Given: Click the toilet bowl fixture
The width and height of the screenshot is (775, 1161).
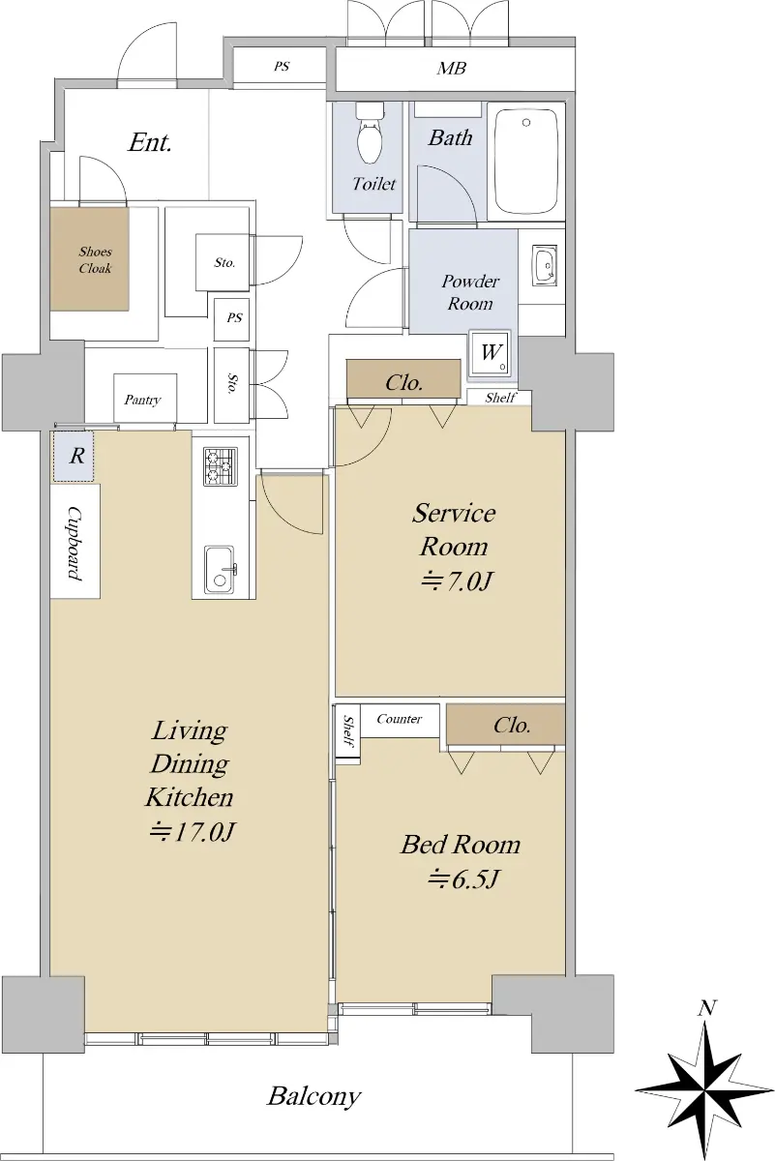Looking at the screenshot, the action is (x=371, y=133).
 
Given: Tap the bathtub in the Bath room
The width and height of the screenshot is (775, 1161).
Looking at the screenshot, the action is (x=526, y=161).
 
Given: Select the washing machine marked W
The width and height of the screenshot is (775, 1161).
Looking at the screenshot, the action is (x=490, y=353).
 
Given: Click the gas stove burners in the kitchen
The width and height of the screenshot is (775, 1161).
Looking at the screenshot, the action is (x=221, y=466).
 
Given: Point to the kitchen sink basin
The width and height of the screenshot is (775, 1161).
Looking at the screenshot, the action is (x=219, y=569).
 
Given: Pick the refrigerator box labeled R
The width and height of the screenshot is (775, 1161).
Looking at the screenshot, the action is (x=74, y=456).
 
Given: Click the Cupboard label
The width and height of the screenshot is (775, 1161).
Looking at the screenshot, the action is (x=75, y=543).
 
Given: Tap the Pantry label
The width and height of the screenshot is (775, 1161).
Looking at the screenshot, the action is (x=142, y=400).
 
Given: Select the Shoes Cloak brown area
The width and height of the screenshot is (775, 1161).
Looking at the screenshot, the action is (x=89, y=259).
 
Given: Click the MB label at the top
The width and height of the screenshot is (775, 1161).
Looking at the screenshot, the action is (x=451, y=68).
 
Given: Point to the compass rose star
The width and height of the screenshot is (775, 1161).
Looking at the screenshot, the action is (x=705, y=1076).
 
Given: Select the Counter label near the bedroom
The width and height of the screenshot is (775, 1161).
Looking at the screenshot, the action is (x=400, y=719).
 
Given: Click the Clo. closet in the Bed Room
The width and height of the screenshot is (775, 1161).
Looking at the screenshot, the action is (x=505, y=725).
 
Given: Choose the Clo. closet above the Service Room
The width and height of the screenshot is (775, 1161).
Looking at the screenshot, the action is (x=403, y=382).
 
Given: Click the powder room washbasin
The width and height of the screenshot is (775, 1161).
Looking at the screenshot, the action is (x=545, y=265).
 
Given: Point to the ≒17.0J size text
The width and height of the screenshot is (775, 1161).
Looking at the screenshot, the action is (x=193, y=831).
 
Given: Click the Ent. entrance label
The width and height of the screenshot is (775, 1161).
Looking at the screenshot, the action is (x=150, y=142).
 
